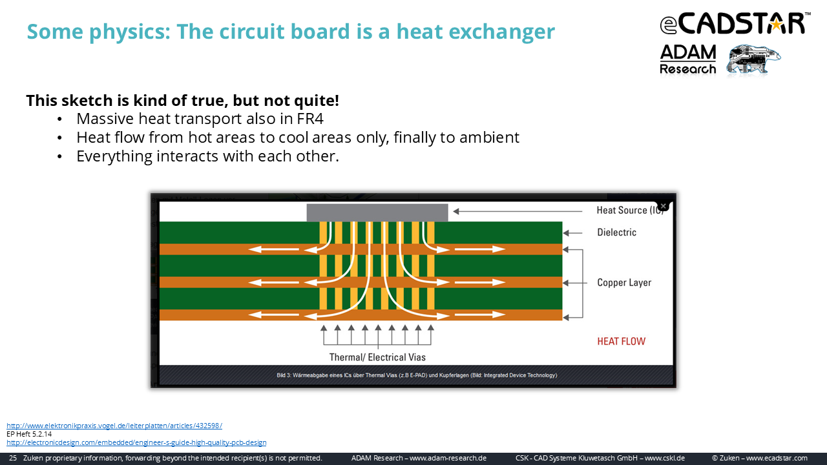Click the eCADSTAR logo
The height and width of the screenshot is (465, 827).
(735, 24)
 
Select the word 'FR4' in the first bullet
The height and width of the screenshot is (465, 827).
(310, 119)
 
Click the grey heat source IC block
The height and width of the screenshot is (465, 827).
(377, 212)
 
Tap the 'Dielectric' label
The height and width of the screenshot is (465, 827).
(616, 232)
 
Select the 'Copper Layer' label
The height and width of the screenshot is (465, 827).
(624, 283)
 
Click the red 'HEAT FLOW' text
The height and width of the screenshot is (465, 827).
(622, 342)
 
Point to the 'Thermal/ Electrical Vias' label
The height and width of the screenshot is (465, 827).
(377, 357)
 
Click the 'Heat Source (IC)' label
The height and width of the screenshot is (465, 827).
(630, 210)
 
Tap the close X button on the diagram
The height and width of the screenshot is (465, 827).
(663, 206)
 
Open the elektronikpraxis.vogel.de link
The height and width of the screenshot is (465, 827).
(114, 426)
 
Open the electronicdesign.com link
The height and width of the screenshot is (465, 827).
(136, 442)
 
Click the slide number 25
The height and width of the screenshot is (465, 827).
(12, 458)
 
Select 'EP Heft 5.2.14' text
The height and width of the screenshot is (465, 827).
(29, 434)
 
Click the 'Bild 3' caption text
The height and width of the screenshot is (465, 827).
(417, 375)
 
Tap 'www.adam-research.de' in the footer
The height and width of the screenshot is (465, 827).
(448, 458)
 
